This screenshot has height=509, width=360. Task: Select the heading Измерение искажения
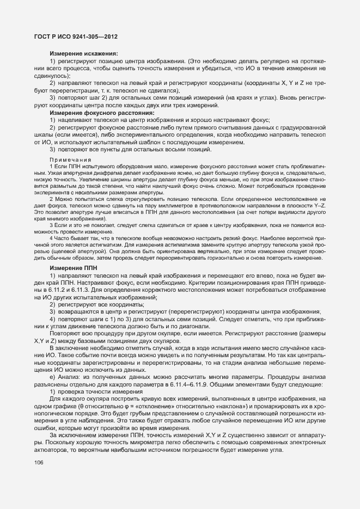click(84, 53)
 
